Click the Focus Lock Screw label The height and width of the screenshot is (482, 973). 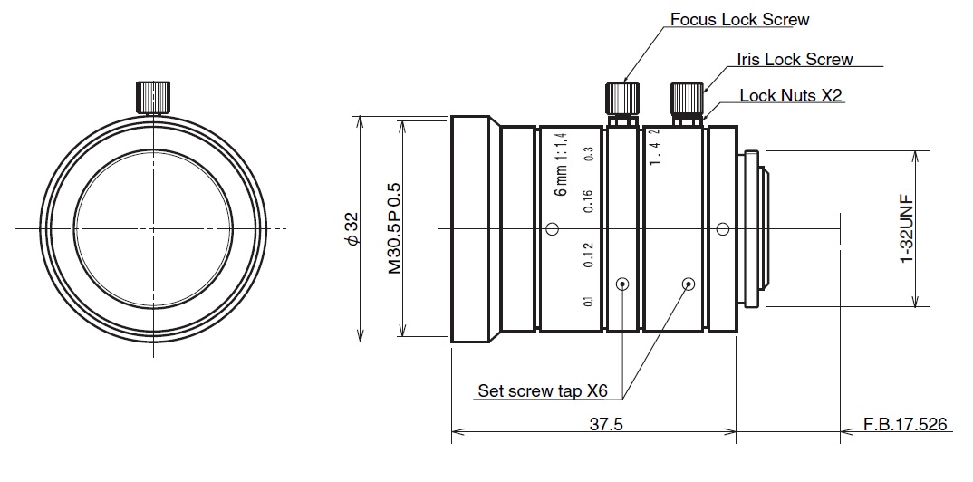739,19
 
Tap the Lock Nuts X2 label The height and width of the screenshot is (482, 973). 791,95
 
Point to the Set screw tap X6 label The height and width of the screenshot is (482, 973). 543,391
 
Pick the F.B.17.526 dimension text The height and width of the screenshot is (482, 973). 906,425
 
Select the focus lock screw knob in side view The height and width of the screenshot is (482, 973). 621,96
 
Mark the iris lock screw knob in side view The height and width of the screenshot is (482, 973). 685,96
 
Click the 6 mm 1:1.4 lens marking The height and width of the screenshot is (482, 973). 561,164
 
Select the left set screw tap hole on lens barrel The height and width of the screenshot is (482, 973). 622,284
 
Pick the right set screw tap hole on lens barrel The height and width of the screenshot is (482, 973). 688,284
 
